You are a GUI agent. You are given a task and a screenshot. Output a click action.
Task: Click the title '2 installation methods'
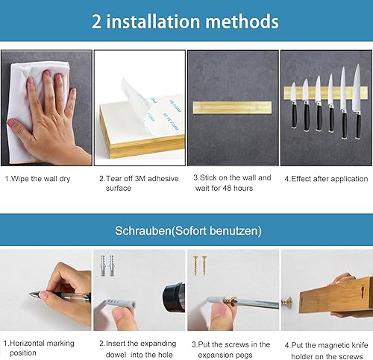tap(185, 22)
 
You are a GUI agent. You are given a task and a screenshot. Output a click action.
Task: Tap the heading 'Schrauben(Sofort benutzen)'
tap(188, 231)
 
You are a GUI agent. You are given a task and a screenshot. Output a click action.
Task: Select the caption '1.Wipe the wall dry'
tap(38, 179)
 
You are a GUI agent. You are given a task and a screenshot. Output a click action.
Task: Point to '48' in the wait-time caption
tap(227, 188)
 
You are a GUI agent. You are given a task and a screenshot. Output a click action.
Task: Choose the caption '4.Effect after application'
tap(326, 179)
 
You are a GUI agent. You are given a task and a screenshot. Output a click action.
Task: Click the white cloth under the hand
tap(37, 112)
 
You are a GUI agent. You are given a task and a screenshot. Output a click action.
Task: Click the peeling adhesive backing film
tap(151, 107)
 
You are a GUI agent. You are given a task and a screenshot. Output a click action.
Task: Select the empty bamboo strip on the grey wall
tap(232, 107)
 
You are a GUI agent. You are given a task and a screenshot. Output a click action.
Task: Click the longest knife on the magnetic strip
tap(357, 101)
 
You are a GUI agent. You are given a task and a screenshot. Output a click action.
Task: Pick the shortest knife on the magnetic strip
tap(294, 105)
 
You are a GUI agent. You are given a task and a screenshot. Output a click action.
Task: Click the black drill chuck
tap(174, 297)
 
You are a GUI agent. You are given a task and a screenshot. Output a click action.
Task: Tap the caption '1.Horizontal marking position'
tap(39, 348)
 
